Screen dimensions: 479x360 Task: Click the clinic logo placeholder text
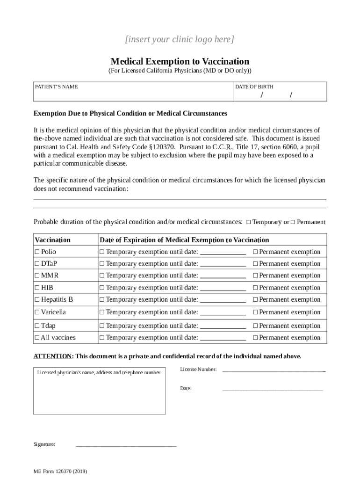click(x=180, y=39)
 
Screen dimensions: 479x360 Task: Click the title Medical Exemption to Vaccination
click(x=180, y=61)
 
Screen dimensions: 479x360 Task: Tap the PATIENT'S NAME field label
click(x=56, y=87)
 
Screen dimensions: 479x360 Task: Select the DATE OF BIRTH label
click(x=254, y=87)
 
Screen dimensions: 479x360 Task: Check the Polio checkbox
click(x=37, y=252)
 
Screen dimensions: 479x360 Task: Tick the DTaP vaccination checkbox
click(x=37, y=264)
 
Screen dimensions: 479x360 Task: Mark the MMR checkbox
click(x=37, y=276)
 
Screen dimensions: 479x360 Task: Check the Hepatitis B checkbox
click(x=37, y=299)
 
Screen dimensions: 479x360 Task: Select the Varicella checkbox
click(x=37, y=312)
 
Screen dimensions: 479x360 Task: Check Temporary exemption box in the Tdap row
click(x=101, y=326)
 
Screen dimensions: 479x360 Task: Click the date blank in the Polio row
click(x=223, y=253)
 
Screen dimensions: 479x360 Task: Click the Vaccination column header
click(x=52, y=240)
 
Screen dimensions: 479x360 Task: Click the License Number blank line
click(x=273, y=370)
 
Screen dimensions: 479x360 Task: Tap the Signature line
click(x=126, y=445)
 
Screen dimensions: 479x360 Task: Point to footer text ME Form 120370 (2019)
click(x=60, y=472)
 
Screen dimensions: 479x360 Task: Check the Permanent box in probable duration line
click(x=293, y=222)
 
